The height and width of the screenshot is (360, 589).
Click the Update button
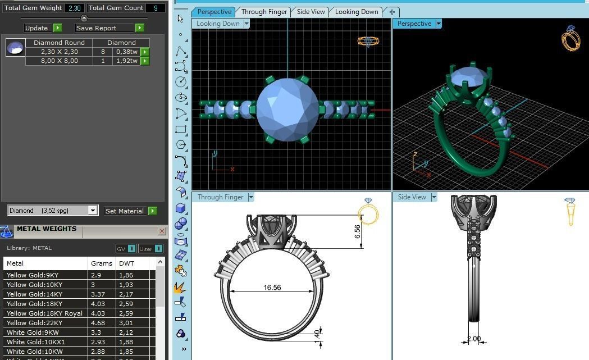[37, 28]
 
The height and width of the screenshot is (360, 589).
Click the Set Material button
[125, 211]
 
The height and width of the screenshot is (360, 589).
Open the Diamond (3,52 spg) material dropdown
[93, 211]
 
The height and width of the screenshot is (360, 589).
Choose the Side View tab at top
[311, 12]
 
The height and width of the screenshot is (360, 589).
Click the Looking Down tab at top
[356, 12]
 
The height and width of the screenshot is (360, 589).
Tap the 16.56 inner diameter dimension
[272, 288]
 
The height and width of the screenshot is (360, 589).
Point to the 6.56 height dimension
[357, 232]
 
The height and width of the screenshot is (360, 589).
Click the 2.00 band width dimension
[474, 339]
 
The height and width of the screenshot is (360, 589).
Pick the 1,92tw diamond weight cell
[126, 61]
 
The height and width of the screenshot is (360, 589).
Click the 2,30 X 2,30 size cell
[59, 52]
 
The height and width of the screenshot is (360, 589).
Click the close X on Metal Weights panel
[162, 231]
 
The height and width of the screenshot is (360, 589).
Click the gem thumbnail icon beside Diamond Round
[15, 48]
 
